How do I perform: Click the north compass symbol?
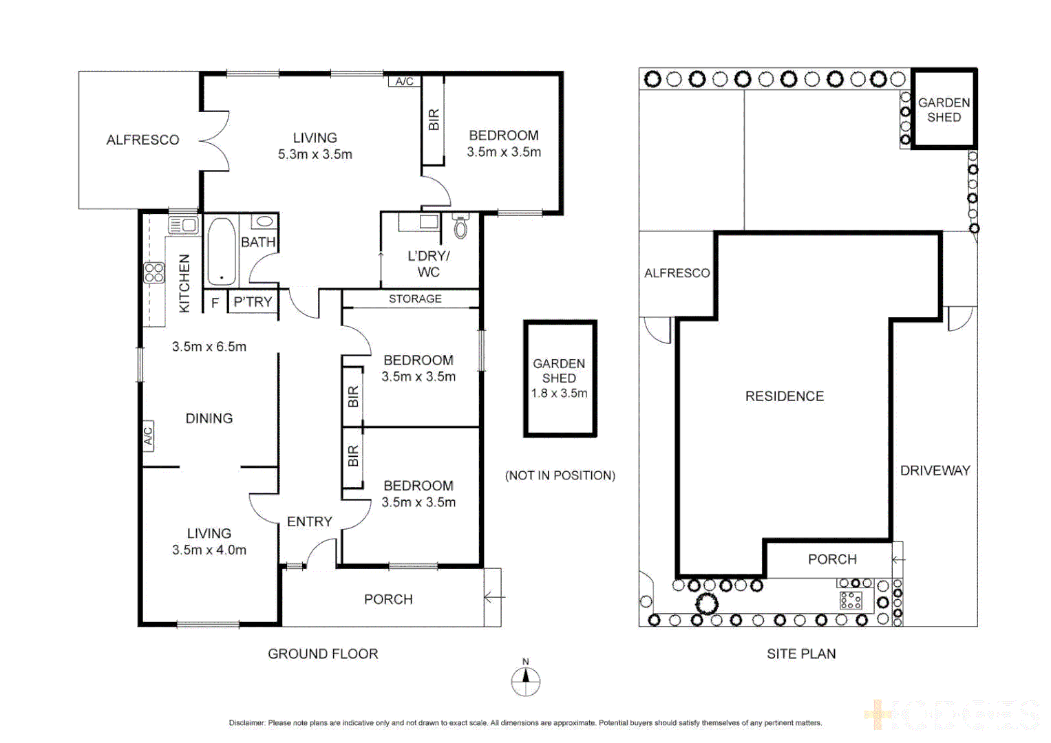[525, 681]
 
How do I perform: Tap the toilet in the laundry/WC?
[460, 226]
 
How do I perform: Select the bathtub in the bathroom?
[221, 251]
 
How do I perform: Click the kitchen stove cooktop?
[154, 272]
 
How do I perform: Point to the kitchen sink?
[183, 225]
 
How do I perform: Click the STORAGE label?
[415, 299]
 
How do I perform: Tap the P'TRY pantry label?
[253, 302]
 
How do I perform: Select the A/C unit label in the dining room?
[148, 436]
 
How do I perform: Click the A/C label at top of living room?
[405, 81]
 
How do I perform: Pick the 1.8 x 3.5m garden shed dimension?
[559, 394]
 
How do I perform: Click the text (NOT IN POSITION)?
[560, 475]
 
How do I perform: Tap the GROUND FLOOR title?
[323, 654]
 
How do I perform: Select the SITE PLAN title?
[801, 654]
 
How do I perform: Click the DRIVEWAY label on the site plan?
[935, 471]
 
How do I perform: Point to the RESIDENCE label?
[784, 396]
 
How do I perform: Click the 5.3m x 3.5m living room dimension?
[315, 155]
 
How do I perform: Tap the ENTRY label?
[309, 521]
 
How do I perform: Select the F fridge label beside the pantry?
[215, 302]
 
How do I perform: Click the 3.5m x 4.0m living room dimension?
[209, 550]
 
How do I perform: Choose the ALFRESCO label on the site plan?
[677, 273]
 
